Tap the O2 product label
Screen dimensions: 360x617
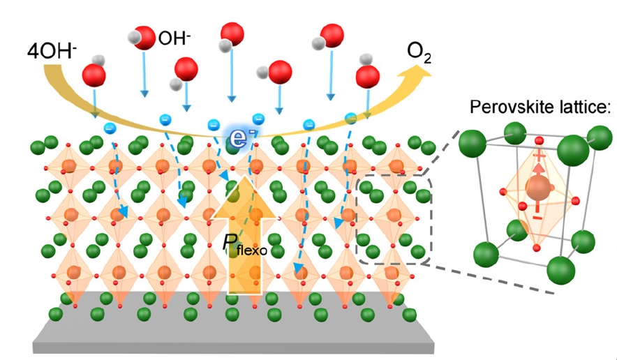[421, 51]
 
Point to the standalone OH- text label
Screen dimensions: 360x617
[174, 38]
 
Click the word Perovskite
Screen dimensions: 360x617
[508, 107]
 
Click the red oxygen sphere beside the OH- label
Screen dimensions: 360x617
[144, 38]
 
